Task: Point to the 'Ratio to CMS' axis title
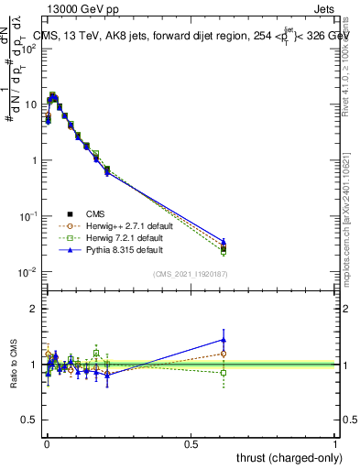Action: (13, 365)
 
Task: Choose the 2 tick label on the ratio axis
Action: (35, 309)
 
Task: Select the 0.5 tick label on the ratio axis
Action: (30, 420)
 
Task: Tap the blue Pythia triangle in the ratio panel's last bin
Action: (224, 340)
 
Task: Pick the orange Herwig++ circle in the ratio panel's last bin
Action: (224, 354)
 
